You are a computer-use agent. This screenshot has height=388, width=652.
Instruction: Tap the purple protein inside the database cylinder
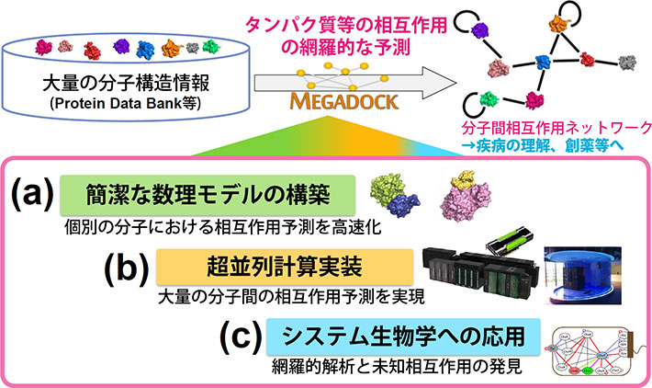[x=42, y=45]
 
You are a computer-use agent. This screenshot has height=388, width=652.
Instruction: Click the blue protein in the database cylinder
[x=145, y=45]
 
